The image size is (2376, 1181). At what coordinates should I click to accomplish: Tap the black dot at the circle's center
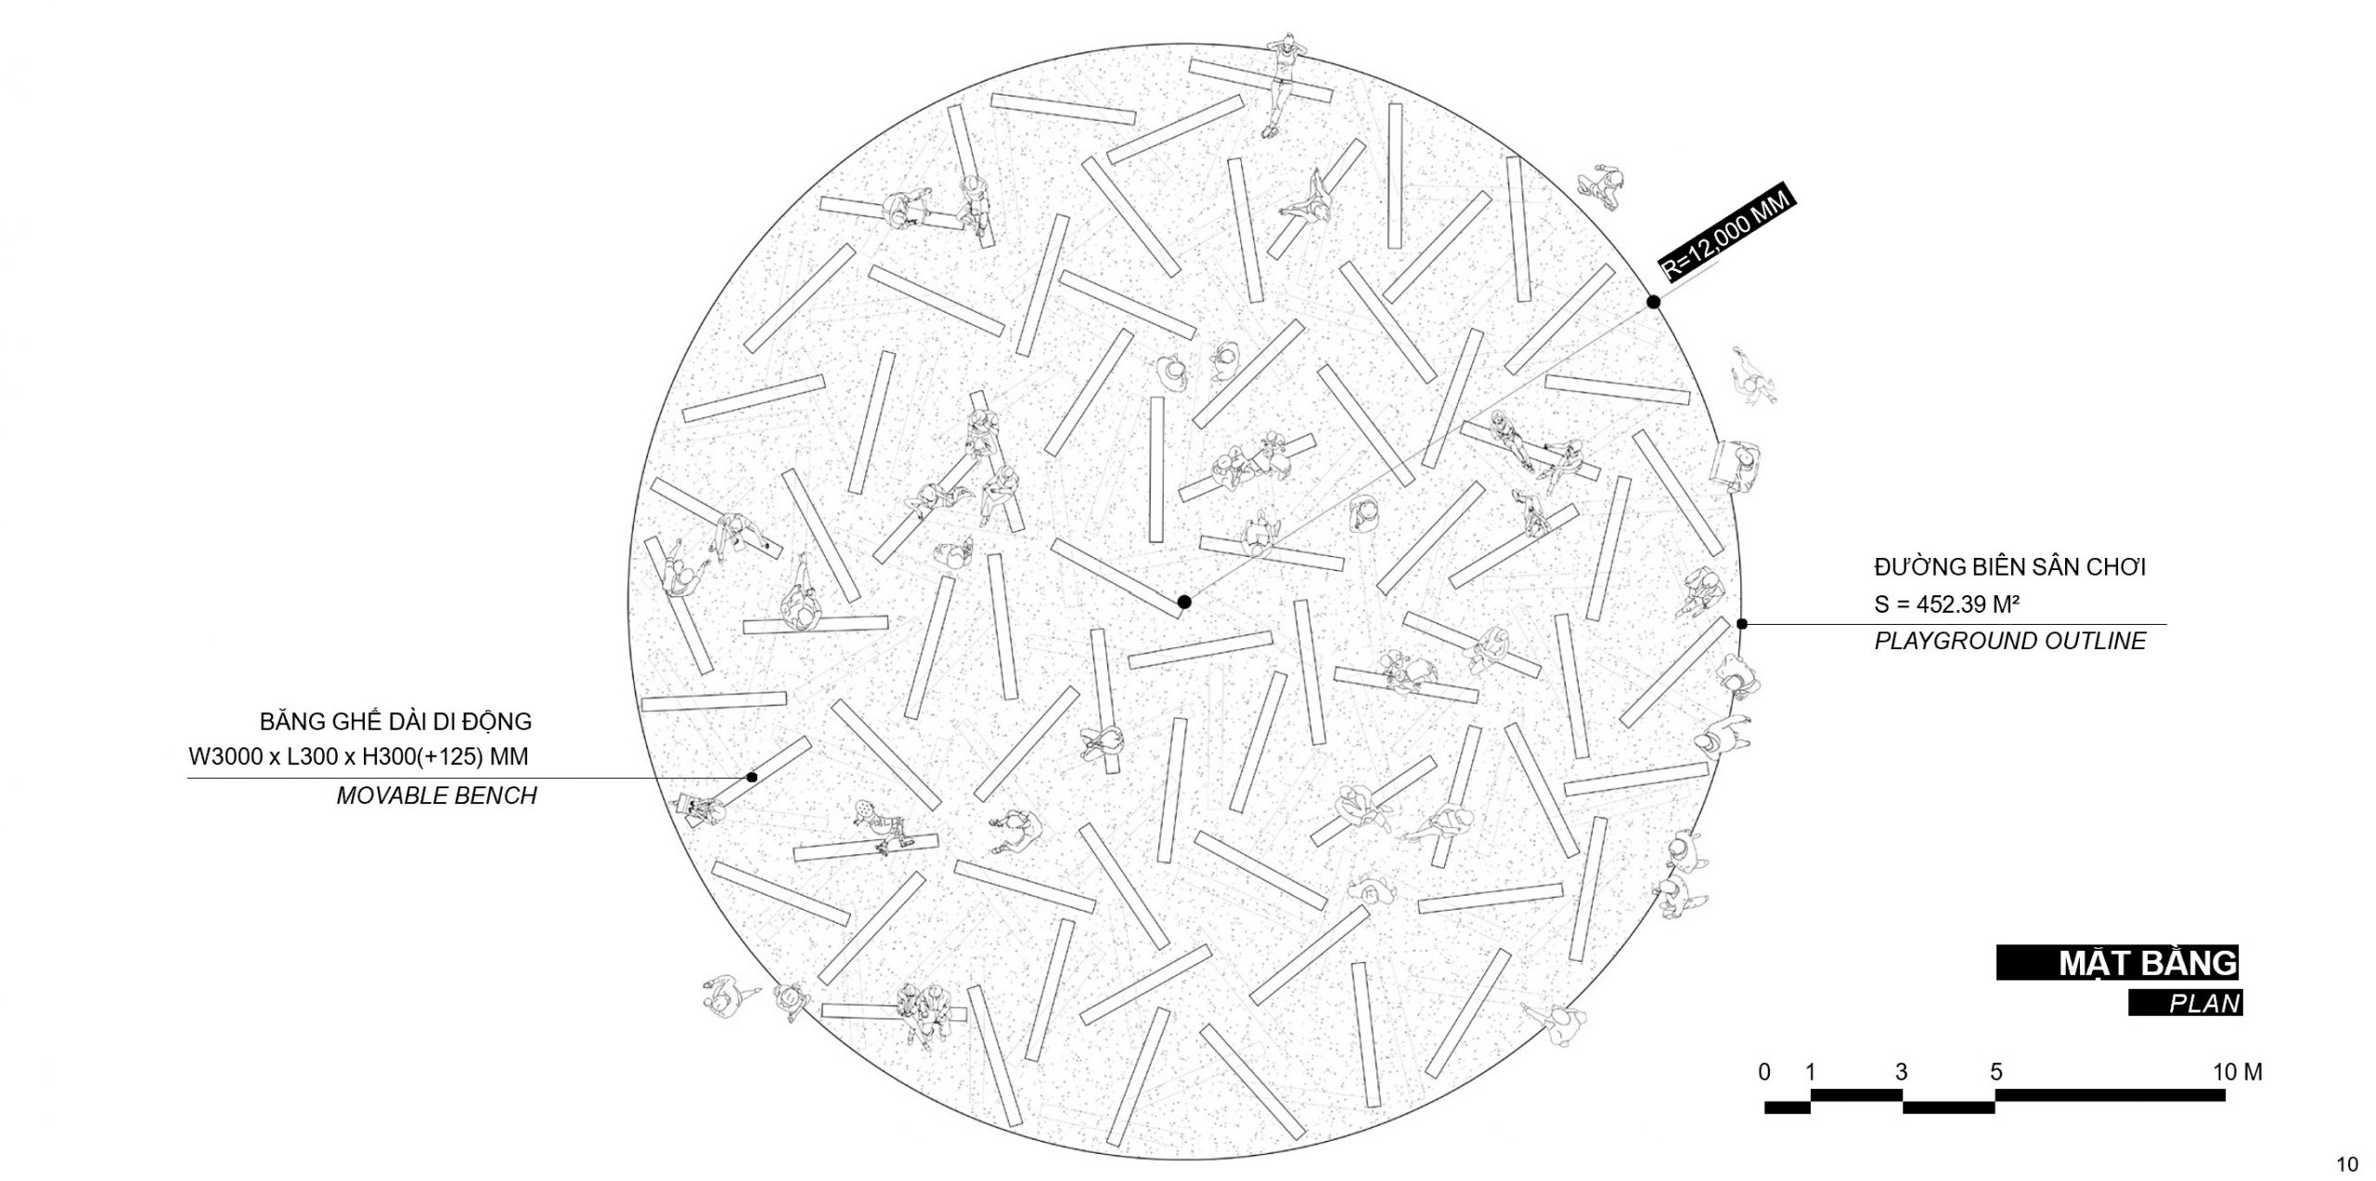1183,602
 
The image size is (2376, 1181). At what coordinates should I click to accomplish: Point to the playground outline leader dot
1742,624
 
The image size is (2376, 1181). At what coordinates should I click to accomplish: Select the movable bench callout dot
752,777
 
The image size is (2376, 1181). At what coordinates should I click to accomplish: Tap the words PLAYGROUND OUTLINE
2010,641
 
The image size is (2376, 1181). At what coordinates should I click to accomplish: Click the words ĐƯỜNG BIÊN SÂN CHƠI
2009,566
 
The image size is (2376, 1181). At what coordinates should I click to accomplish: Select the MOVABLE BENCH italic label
436,796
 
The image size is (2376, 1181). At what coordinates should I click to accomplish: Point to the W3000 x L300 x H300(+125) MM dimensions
358,757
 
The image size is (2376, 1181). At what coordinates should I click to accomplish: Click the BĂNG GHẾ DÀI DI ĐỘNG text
395,720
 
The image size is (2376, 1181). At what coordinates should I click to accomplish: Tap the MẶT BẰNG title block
2117,963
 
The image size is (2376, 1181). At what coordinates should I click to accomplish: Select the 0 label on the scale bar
1764,1072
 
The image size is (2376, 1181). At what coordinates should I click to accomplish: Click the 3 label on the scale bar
1901,1072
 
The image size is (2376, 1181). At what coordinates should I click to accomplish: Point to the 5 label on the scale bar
1995,1072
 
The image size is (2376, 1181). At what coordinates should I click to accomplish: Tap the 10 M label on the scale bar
2238,1072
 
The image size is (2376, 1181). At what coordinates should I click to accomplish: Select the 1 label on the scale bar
1810,1072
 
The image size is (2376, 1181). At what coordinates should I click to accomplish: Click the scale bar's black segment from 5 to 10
2110,1096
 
